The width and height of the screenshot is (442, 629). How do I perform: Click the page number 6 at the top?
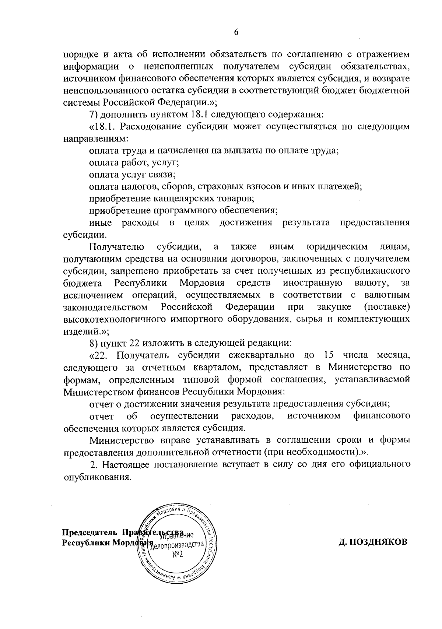click(236, 32)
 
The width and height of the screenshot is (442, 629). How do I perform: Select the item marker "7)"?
click(94, 114)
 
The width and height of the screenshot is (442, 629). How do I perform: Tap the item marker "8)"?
click(94, 343)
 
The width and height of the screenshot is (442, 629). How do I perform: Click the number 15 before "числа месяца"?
click(329, 355)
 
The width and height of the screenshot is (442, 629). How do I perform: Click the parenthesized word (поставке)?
click(387, 307)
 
